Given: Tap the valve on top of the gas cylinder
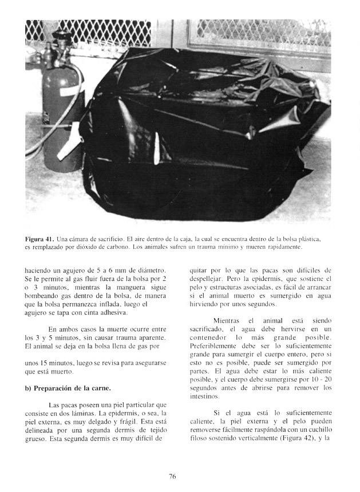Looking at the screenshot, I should pos(60,39).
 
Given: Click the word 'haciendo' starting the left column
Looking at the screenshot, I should pos(38,270).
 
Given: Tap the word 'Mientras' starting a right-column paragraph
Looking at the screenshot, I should pos(226,321).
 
